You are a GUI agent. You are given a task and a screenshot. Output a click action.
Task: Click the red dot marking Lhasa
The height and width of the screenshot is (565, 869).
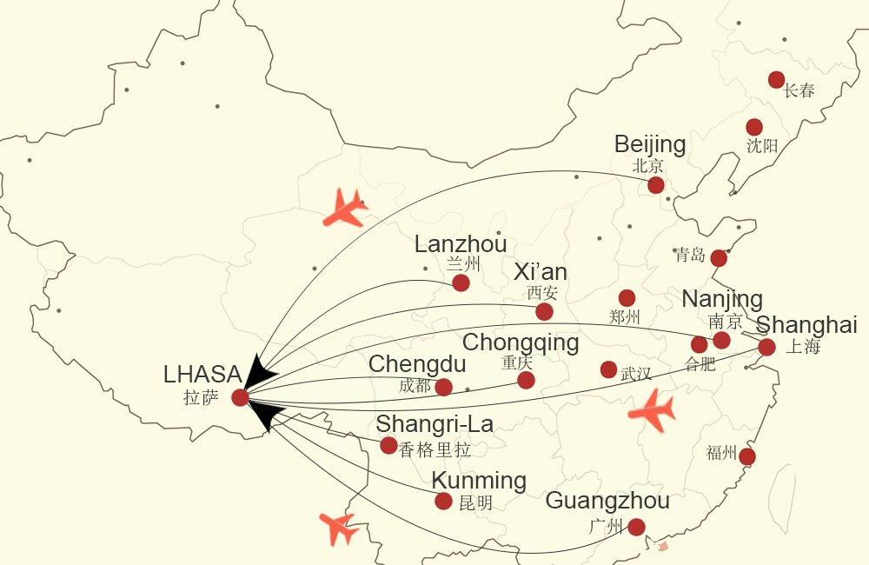tap(241, 397)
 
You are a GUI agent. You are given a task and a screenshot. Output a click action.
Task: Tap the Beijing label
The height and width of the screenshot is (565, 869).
tap(649, 144)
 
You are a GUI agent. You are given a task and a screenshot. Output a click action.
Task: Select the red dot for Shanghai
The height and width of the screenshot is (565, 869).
tap(766, 348)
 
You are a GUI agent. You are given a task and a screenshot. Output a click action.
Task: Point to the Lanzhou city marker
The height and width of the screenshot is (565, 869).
tap(461, 282)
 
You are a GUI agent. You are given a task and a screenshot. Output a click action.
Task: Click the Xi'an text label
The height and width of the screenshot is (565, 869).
tap(541, 272)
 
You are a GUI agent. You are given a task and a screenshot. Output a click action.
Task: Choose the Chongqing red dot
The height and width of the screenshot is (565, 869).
tap(526, 380)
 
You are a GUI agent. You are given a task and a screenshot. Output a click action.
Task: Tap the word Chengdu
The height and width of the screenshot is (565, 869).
tap(417, 364)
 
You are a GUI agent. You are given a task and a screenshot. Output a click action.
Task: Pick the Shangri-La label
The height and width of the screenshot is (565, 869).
tap(434, 424)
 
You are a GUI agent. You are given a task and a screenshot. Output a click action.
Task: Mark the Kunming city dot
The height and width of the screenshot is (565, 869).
tap(443, 502)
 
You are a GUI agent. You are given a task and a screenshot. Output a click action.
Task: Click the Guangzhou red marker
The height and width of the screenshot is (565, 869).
tap(636, 527)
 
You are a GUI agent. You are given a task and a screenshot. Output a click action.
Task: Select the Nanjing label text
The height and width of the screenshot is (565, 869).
tap(722, 299)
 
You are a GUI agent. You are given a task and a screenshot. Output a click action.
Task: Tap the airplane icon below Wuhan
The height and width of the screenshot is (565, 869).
tap(652, 411)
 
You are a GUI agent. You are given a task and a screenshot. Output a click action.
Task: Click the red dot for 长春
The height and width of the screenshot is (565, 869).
tap(776, 80)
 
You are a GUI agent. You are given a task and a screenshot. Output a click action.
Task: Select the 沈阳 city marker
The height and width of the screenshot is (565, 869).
tap(754, 128)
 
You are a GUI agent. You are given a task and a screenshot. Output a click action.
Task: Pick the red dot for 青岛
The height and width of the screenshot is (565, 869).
tap(719, 258)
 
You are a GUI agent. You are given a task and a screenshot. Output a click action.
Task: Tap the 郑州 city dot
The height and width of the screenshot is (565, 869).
tap(627, 298)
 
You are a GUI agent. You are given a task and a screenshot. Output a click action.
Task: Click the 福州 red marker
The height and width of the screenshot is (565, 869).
tap(746, 457)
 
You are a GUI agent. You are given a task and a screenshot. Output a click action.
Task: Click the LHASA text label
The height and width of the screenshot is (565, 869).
tap(202, 375)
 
